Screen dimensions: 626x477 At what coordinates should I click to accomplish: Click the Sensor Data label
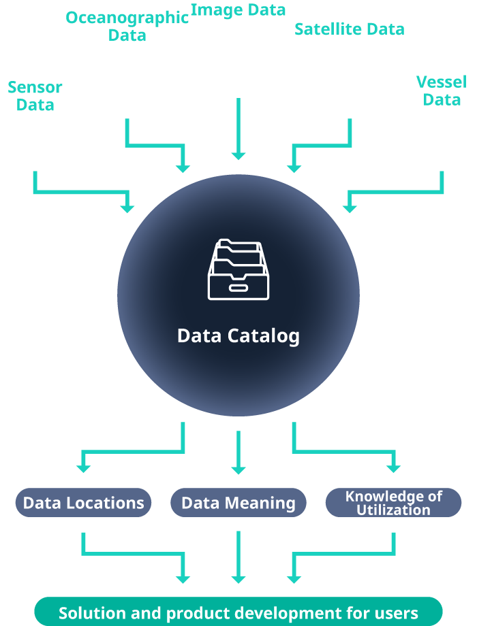35,96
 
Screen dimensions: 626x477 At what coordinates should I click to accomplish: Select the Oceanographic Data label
127,26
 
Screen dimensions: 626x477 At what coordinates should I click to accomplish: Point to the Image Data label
238,10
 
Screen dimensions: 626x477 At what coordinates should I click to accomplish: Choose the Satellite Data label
349,29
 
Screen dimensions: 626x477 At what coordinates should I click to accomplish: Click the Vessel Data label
442,90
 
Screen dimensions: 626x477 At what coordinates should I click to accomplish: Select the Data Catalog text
238,335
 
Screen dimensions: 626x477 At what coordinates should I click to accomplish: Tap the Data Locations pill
83,503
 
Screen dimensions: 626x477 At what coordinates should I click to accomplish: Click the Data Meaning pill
238,503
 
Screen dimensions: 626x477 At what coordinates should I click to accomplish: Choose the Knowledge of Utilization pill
393,503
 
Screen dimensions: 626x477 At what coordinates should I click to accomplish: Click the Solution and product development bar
238,612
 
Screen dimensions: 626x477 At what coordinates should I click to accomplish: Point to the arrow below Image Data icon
238,129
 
